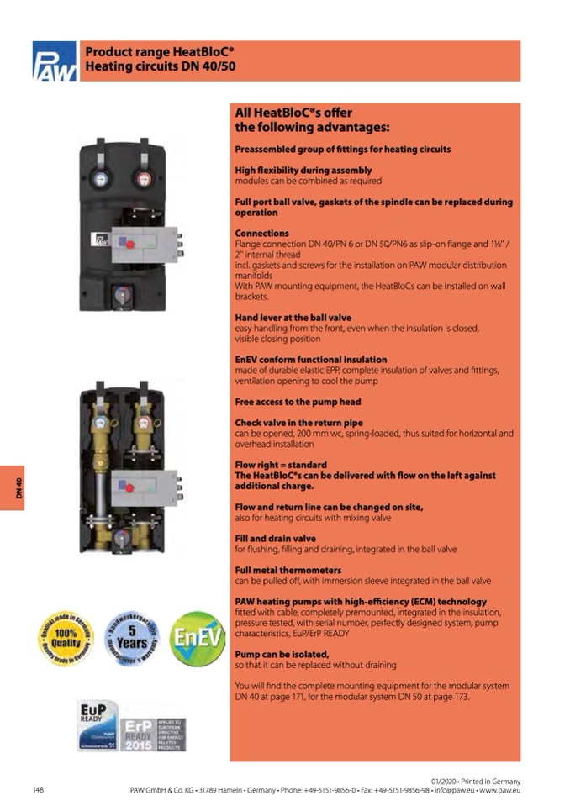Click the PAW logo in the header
coord(55,61)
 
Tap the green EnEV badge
coord(197,639)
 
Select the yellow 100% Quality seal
coord(65,639)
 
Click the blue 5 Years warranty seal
coord(132,639)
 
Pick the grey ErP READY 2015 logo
coord(151,735)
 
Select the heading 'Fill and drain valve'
coord(275,539)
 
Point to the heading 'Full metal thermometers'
coord(282,571)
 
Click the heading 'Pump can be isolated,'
coord(282,654)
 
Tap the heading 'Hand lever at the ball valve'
coord(293,318)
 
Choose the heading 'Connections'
coord(261,233)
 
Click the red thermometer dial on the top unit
coord(140,178)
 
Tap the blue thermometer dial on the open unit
coord(101,424)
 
